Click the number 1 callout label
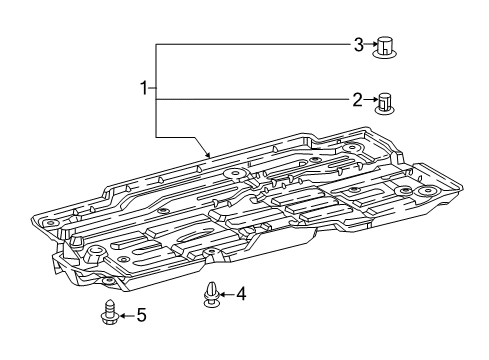tap(143, 90)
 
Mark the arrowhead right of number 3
tap(371, 44)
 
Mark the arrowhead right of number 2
tap(371, 100)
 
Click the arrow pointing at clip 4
tap(224, 294)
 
